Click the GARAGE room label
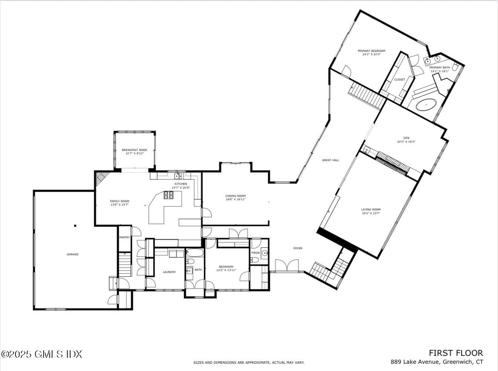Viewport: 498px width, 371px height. (72, 254)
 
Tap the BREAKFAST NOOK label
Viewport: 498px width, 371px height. (134, 150)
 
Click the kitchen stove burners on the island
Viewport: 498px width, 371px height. (168, 195)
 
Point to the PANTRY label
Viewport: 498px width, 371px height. (124, 237)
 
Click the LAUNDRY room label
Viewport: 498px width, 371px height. (169, 272)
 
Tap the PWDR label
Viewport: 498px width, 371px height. (255, 253)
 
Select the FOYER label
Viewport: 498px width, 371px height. (298, 248)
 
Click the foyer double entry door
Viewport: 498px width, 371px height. (287, 266)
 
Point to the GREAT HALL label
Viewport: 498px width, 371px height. (330, 160)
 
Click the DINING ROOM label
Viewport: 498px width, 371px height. (235, 196)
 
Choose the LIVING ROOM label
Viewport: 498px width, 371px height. (371, 209)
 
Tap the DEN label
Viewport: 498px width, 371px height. (406, 138)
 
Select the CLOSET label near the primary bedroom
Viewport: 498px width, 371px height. (400, 79)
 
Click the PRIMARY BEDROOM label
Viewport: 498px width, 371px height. (371, 51)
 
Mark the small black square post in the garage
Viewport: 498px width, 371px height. (75, 226)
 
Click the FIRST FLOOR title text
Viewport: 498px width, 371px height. (455, 353)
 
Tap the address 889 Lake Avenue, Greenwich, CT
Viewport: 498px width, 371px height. (437, 362)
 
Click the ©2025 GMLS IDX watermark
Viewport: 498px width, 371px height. (41, 354)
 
